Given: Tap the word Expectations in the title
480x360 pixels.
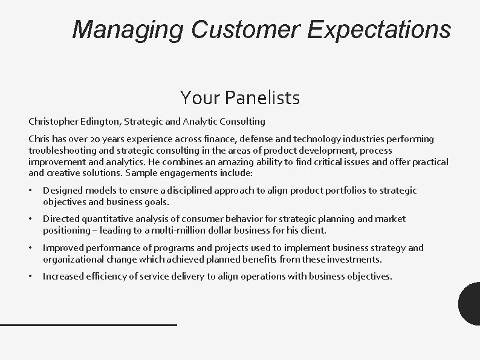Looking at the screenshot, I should click(378, 28).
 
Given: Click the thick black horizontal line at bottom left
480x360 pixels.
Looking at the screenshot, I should click(88, 325).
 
